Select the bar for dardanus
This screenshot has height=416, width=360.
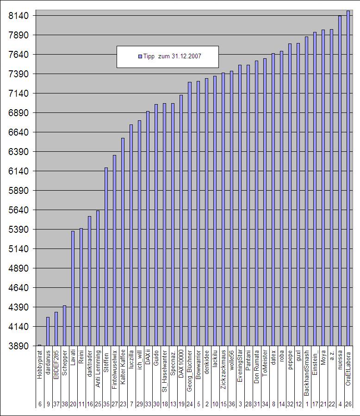pos(48,331)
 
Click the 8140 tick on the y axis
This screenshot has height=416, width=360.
pos(19,16)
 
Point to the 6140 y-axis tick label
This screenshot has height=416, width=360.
pos(19,171)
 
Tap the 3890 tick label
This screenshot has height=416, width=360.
pos(19,346)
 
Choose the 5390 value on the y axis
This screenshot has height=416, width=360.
pos(19,230)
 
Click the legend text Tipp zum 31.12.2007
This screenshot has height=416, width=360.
pos(172,56)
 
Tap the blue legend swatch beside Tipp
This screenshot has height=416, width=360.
pos(140,56)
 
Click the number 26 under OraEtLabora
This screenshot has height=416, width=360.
pos(348,404)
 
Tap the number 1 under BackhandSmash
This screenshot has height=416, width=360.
pos(306,404)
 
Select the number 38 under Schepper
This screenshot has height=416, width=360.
pos(65,404)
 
